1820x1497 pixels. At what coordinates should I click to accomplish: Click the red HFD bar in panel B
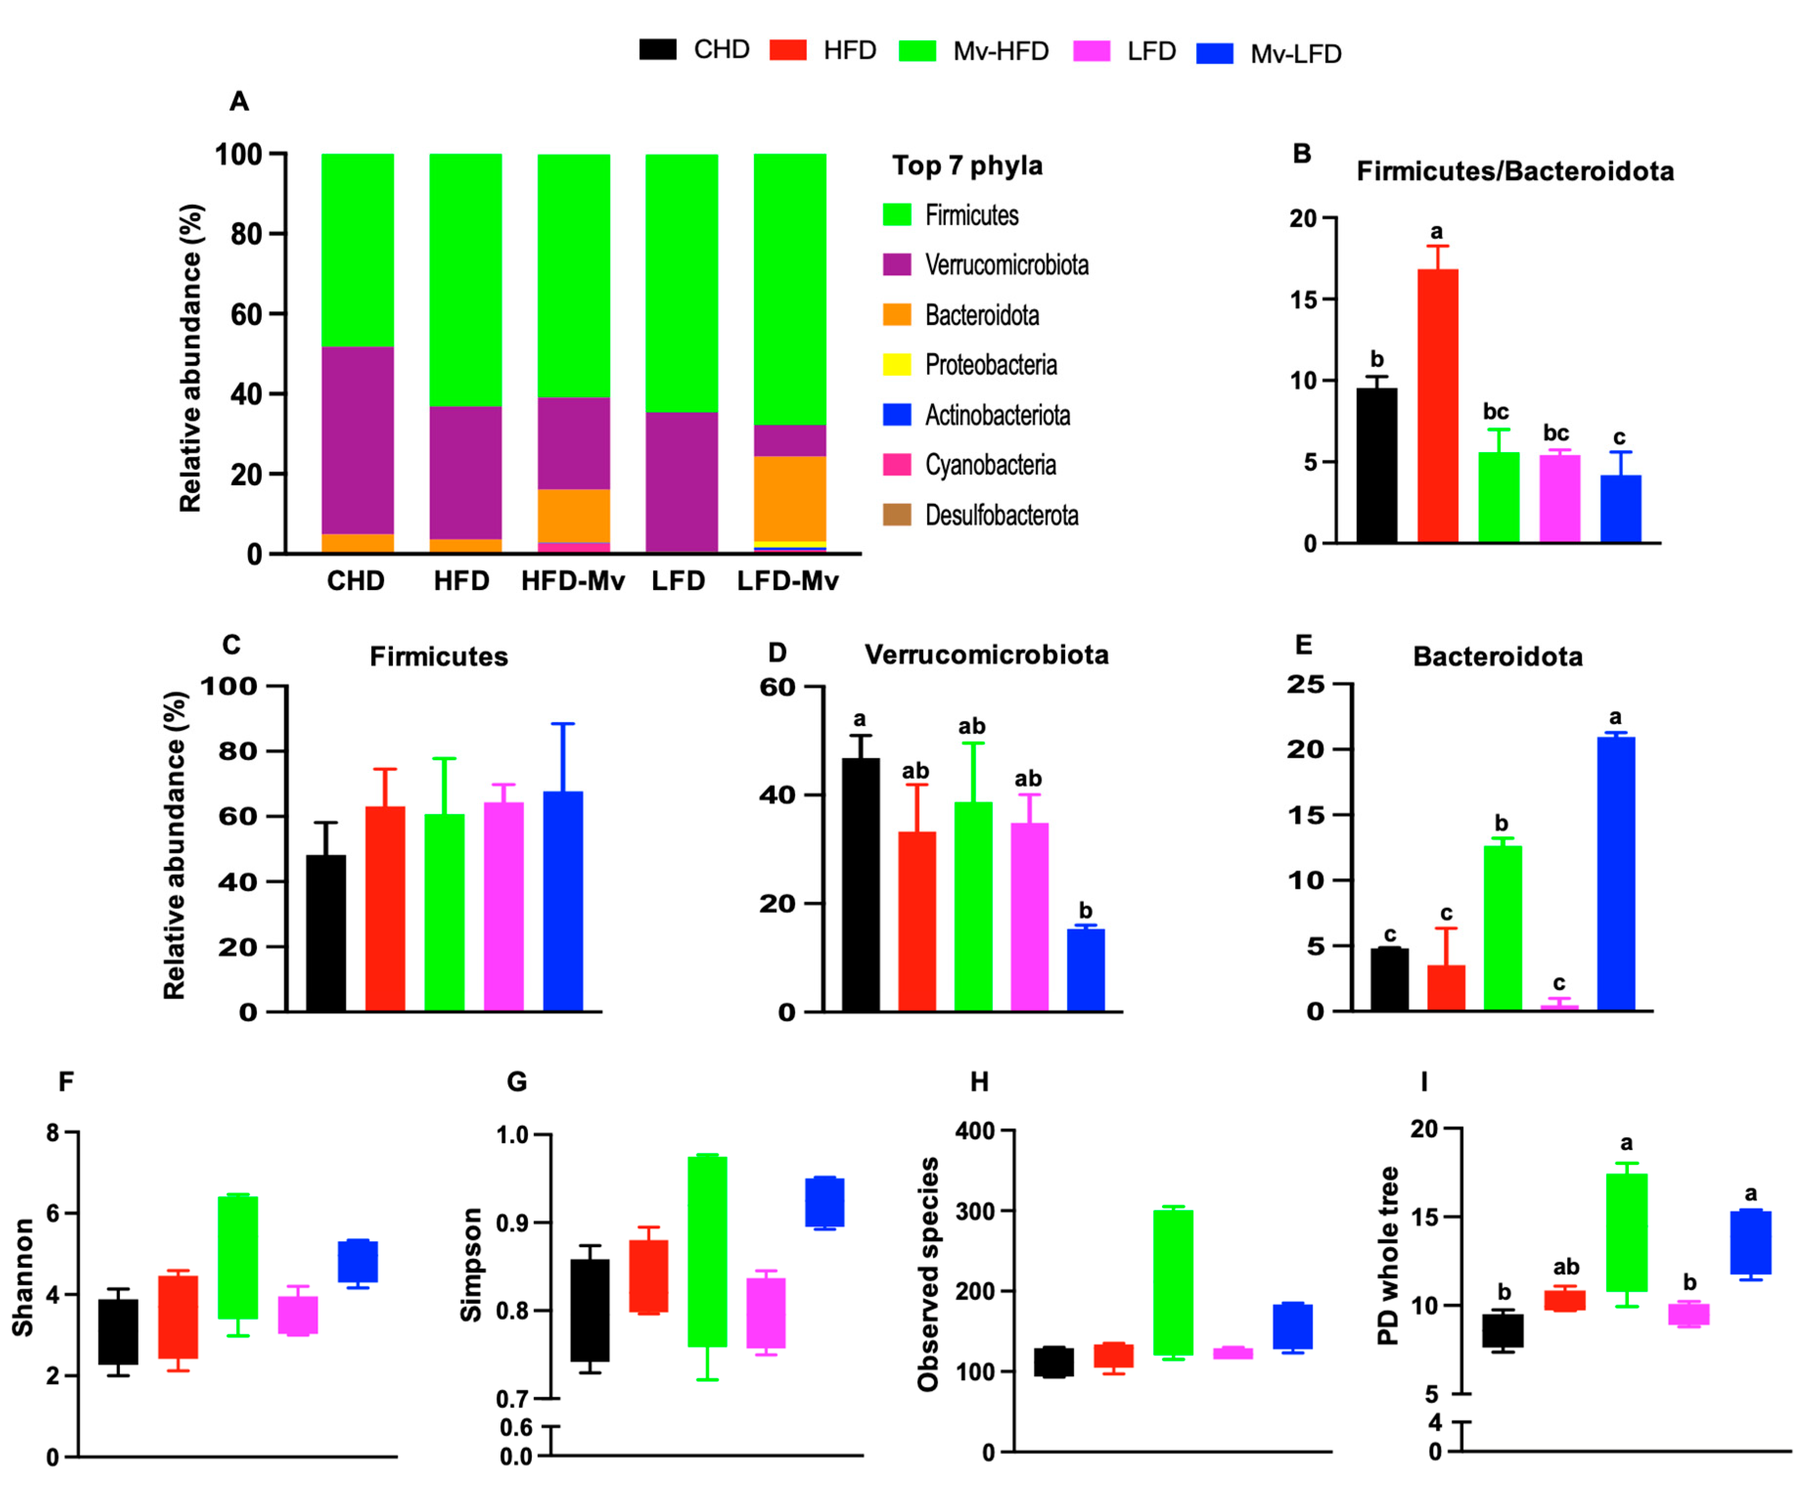click(x=1437, y=405)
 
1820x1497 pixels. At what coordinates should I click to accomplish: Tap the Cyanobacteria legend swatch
click(x=897, y=465)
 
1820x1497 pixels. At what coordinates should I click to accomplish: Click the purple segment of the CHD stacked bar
click(x=357, y=440)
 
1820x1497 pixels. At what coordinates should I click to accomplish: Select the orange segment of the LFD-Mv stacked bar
click(x=790, y=499)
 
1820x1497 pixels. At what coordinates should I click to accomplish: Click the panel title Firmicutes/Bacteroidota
click(x=1515, y=171)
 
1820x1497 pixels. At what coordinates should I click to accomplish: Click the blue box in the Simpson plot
click(x=824, y=1201)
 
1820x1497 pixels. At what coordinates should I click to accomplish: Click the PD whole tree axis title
click(x=1387, y=1255)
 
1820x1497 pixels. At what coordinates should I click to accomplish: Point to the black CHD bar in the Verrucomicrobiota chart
click(x=861, y=884)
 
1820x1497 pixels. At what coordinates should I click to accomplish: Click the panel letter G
click(x=517, y=1081)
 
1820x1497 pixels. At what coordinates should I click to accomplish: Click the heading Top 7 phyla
click(x=966, y=165)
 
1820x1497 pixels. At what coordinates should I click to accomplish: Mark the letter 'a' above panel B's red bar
click(x=1436, y=231)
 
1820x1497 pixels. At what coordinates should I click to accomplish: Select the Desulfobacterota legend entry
click(x=1001, y=515)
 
